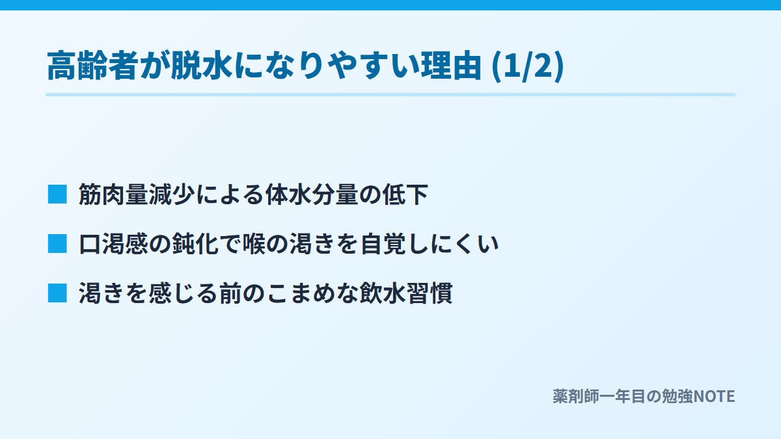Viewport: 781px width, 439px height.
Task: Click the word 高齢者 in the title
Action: click(x=92, y=65)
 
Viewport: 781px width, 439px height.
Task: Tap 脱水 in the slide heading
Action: click(x=202, y=65)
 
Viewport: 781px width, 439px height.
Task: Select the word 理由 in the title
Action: click(x=451, y=65)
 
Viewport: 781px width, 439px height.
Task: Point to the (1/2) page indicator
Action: click(x=528, y=66)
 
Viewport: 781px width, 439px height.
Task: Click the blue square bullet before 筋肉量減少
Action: click(x=57, y=194)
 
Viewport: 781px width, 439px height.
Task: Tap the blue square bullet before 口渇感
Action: click(x=57, y=243)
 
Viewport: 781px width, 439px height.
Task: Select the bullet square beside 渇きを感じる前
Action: click(x=57, y=293)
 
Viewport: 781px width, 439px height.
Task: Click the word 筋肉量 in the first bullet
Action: click(x=114, y=194)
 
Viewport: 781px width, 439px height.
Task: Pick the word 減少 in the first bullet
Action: click(x=172, y=194)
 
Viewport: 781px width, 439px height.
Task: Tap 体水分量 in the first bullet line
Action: click(x=312, y=194)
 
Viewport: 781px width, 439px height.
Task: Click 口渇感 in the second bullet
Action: click(x=114, y=243)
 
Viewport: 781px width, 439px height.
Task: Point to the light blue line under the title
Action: click(x=390, y=94)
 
